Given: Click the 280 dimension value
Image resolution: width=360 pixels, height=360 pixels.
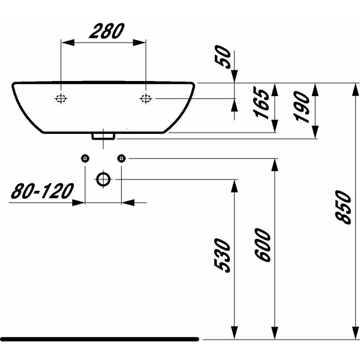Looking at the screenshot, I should (x=106, y=31).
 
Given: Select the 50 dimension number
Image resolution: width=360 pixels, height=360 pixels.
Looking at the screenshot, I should (x=223, y=59).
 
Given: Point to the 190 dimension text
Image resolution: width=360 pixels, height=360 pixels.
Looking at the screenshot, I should (x=302, y=107).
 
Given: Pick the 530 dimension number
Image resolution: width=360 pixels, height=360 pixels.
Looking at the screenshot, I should (x=223, y=255).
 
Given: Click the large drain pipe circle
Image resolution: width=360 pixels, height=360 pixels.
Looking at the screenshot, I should (x=104, y=179).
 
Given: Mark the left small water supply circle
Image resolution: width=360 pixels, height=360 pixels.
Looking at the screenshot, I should (x=85, y=158).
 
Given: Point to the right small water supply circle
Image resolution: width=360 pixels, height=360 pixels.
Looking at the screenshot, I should (x=122, y=158).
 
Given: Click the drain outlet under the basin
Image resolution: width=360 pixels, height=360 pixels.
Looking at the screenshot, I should (x=103, y=136).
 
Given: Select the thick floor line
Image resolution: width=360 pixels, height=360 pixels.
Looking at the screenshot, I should (x=99, y=339).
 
